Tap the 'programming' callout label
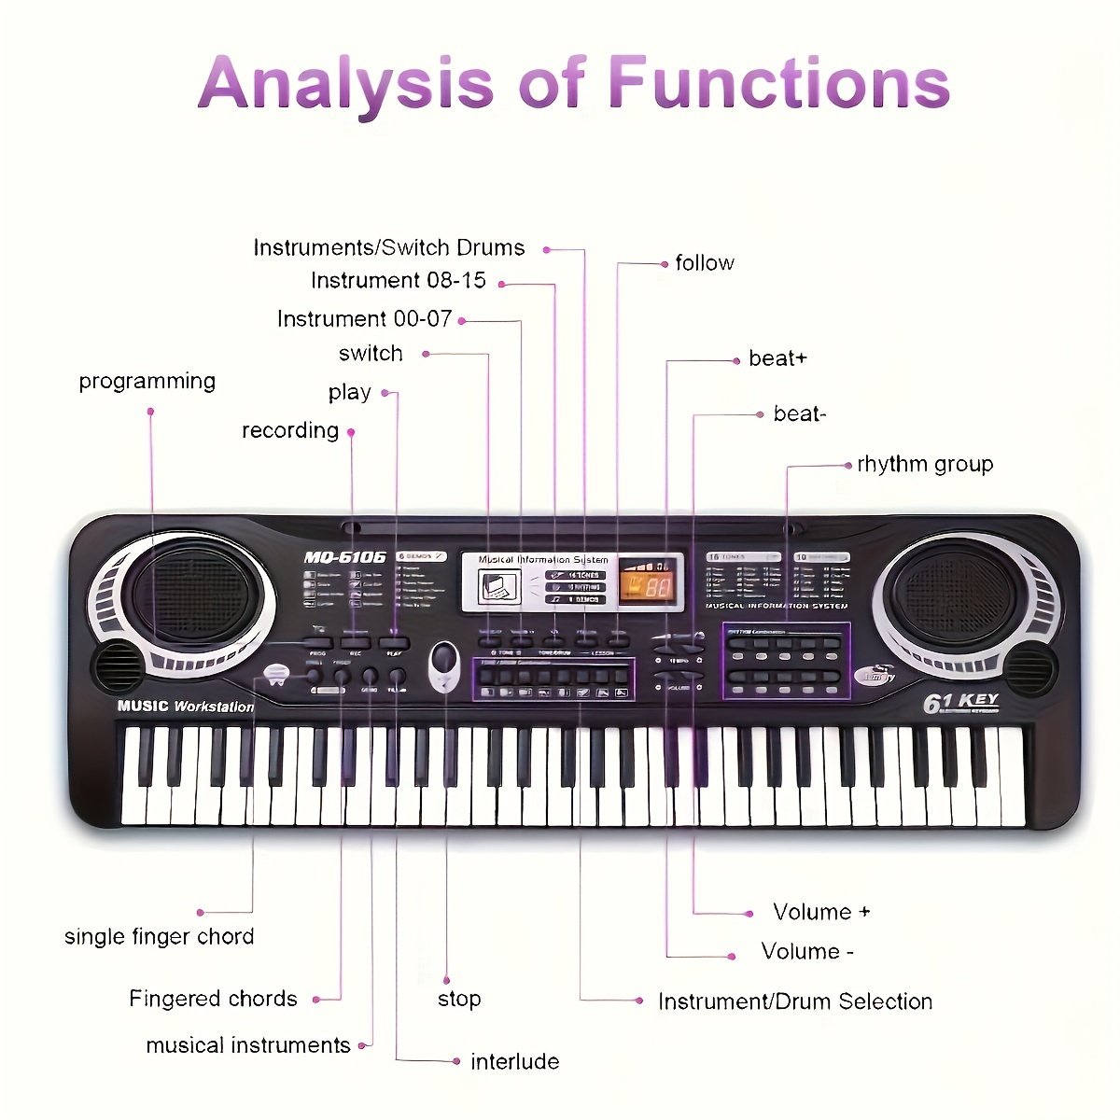(147, 381)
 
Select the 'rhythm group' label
(925, 464)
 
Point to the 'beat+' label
(777, 358)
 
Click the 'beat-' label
(800, 413)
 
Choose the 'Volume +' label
(821, 912)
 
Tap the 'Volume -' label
(807, 951)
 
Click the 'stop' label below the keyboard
(459, 999)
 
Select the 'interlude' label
(514, 1061)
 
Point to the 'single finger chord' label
(159, 936)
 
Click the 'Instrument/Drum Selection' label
(795, 1001)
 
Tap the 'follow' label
(705, 263)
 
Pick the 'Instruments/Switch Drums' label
(389, 247)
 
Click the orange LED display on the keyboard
(648, 584)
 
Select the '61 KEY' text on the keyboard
(961, 702)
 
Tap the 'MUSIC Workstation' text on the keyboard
(185, 707)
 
